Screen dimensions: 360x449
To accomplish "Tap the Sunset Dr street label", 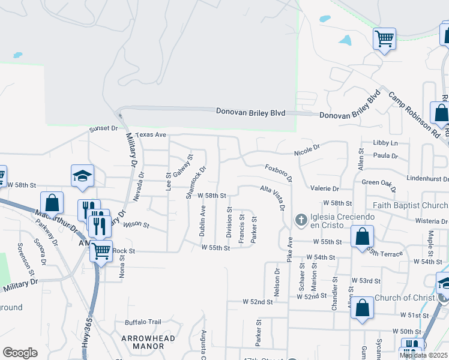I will [x=103, y=128].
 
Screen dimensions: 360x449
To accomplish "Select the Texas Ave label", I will [x=150, y=135].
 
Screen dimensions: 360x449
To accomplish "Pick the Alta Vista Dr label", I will [x=273, y=199].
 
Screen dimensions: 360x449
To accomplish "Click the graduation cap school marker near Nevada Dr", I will [x=82, y=175].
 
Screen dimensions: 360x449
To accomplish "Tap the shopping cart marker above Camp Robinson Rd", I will [x=384, y=40].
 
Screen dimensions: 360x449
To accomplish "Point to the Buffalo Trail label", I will [x=143, y=322].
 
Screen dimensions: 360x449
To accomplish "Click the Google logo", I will [x=20, y=353].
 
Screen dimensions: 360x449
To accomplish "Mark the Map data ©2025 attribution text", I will [x=423, y=355].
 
